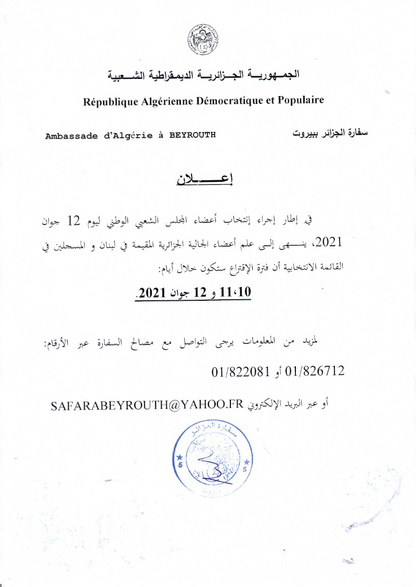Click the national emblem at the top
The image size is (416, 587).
coord(203,40)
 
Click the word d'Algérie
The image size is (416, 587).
coord(125,136)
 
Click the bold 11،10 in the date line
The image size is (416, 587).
coord(236,292)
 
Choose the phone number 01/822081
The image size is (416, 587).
coord(241,372)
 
